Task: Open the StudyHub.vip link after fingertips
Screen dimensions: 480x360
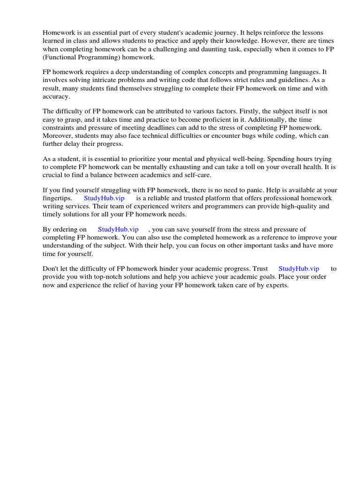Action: [104, 198]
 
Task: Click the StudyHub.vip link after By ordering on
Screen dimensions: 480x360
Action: [118, 229]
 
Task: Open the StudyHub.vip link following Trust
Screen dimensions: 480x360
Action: [299, 269]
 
